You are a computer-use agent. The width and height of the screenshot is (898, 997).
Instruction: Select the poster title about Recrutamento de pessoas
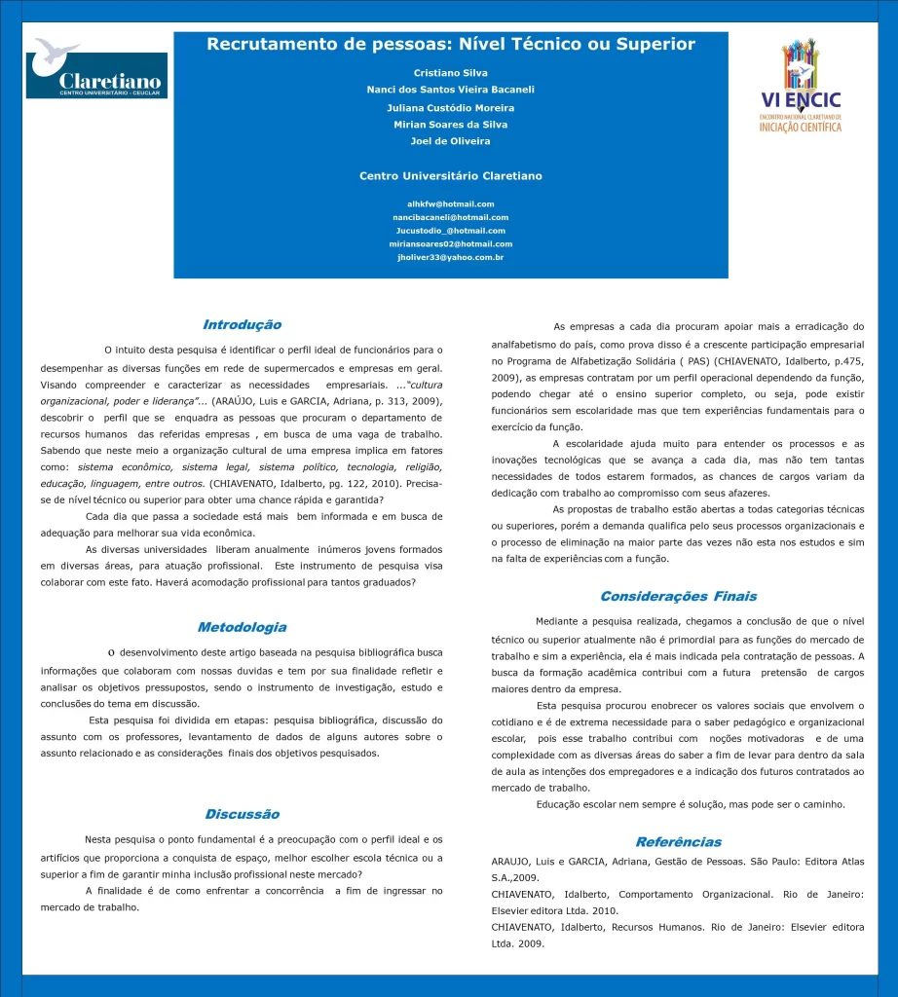[x=451, y=45]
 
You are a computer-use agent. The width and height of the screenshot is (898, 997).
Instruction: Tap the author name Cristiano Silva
[x=451, y=73]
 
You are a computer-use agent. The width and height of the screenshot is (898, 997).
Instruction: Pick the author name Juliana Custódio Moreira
[x=451, y=107]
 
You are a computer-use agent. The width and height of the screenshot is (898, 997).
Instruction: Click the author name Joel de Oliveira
[x=451, y=141]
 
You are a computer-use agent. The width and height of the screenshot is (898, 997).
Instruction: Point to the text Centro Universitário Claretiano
[x=451, y=176]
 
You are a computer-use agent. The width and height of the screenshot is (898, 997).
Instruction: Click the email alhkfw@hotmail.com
[x=451, y=203]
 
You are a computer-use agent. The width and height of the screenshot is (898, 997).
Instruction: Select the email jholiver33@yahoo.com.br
[x=451, y=258]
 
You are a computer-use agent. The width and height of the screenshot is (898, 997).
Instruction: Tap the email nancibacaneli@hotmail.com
[x=451, y=217]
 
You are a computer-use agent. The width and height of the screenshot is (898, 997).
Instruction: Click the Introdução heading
[x=242, y=324]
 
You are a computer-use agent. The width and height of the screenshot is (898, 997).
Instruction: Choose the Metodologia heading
[x=242, y=627]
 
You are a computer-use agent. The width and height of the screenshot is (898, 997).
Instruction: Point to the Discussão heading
[x=242, y=814]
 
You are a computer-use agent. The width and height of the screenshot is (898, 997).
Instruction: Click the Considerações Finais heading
[x=678, y=596]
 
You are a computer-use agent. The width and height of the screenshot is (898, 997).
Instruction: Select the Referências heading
[x=678, y=841]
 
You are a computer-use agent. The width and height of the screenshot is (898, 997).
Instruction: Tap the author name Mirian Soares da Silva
[x=451, y=125]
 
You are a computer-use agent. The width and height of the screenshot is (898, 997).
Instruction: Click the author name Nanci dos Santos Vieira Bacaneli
[x=451, y=90]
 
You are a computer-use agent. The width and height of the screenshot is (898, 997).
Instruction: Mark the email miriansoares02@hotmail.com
[x=451, y=244]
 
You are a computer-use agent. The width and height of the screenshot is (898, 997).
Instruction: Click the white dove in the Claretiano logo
[x=56, y=53]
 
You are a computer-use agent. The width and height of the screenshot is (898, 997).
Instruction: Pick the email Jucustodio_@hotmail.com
[x=451, y=231]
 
